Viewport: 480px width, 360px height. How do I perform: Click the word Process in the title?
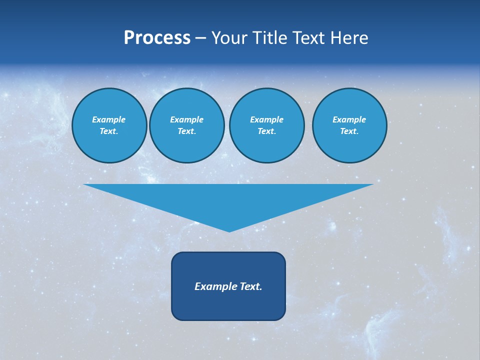click(x=157, y=38)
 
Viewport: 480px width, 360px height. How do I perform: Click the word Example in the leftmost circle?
click(x=109, y=119)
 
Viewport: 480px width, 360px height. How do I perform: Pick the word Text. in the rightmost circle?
click(x=349, y=131)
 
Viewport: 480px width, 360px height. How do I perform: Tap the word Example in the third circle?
click(x=267, y=119)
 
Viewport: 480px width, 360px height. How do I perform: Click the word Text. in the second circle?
click(x=187, y=131)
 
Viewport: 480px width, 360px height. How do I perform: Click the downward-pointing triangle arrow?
click(x=228, y=200)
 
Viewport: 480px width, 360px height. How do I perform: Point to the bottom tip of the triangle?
click(x=229, y=230)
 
